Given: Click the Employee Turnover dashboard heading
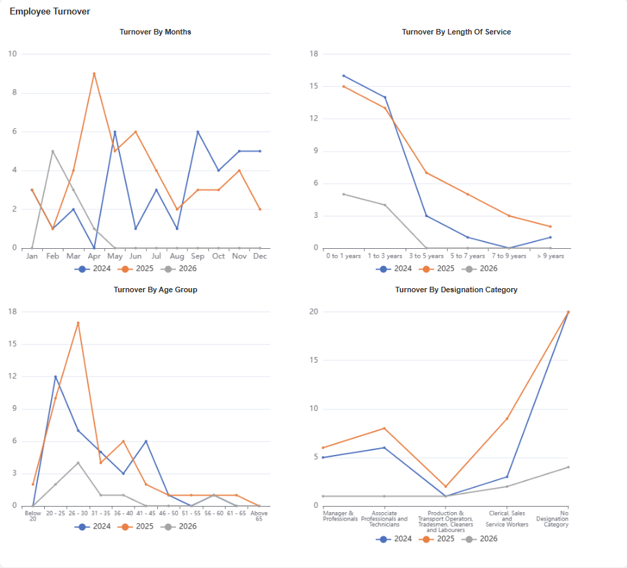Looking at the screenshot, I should click(50, 12).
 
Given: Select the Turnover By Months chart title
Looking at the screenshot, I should click(155, 32).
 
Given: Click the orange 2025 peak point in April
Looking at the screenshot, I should click(94, 74).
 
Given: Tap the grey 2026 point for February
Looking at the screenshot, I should click(52, 151).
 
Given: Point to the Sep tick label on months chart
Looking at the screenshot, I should click(198, 256).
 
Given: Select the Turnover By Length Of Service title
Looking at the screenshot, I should click(456, 32).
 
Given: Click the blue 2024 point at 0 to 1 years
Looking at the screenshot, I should click(344, 76).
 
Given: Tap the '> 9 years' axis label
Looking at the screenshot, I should click(550, 256).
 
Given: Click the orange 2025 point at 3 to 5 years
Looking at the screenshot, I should click(426, 172).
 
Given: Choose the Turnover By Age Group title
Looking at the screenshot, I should click(155, 290).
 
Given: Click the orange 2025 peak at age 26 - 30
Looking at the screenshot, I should click(78, 323).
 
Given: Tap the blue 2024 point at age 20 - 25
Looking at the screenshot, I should click(55, 376).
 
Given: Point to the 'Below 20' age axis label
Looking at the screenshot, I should click(32, 516).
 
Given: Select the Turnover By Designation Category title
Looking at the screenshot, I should click(456, 290).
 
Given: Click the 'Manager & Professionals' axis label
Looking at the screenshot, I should click(340, 516).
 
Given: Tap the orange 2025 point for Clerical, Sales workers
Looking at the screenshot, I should click(507, 418).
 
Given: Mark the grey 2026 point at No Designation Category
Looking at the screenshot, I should click(568, 467).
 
